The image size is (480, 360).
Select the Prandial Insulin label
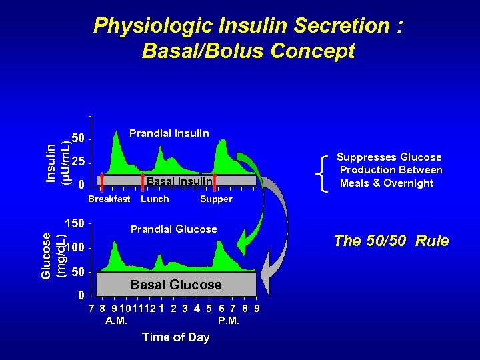tap(169, 133)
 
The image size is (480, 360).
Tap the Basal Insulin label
tap(179, 181)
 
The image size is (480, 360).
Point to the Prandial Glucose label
tap(173, 229)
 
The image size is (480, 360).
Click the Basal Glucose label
tap(175, 285)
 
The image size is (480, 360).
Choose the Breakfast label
tap(109, 199)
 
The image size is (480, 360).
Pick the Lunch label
tap(155, 199)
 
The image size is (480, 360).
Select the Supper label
tap(216, 199)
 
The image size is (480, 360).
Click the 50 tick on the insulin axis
tap(78, 139)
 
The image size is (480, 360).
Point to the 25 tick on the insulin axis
tap(78, 162)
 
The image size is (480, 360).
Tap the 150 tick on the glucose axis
tap(74, 223)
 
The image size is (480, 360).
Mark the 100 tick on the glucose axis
tap(74, 248)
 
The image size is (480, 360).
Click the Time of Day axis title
tap(175, 337)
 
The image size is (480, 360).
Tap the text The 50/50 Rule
tap(391, 241)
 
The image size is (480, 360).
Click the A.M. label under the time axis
tap(117, 321)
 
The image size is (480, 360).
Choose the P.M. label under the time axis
tap(229, 321)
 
